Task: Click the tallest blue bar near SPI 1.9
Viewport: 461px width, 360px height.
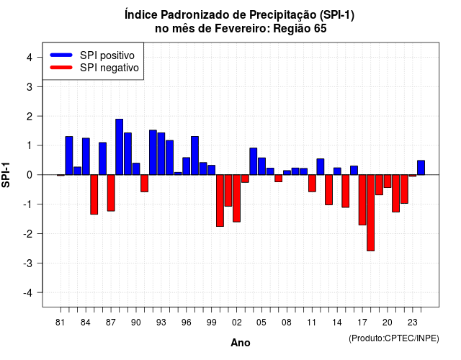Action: click(119, 147)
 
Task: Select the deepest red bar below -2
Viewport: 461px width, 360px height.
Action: click(370, 213)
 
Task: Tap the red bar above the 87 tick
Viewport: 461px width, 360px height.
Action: click(111, 193)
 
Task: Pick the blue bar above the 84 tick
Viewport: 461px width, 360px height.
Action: click(86, 156)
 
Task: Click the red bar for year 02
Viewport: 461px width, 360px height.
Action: click(237, 199)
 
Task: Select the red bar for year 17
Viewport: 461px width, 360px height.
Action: click(362, 200)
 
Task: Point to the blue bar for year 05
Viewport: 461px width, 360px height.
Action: click(261, 166)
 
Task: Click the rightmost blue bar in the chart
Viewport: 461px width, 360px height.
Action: click(421, 168)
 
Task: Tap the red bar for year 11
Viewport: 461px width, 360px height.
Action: click(312, 184)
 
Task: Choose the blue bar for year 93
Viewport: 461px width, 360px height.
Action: click(161, 153)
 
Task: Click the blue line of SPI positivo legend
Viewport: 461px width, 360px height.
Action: click(61, 55)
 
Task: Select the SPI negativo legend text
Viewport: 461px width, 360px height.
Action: click(109, 68)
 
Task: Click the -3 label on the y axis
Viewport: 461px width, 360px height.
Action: click(28, 263)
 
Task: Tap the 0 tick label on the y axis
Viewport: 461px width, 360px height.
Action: click(30, 175)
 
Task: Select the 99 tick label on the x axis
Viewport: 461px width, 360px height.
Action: click(211, 323)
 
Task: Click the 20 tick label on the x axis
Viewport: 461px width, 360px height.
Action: click(388, 323)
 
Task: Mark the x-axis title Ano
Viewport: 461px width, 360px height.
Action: click(240, 343)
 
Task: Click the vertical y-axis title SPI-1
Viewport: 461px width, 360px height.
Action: click(6, 175)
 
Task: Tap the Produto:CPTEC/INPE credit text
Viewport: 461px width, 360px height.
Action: click(394, 338)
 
